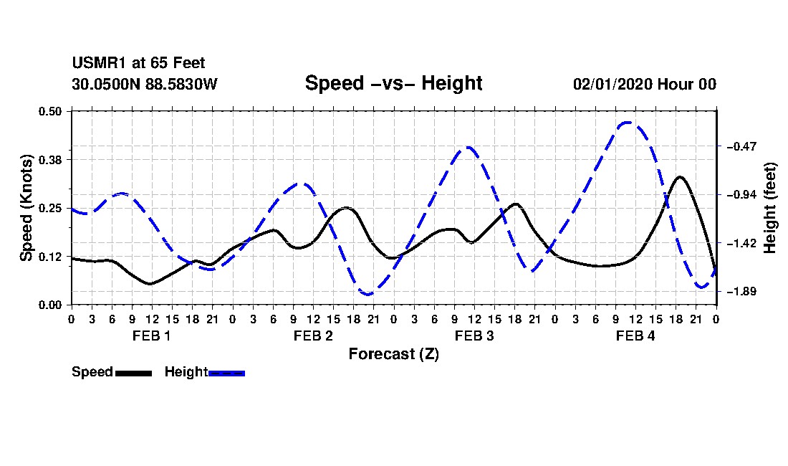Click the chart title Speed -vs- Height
393,83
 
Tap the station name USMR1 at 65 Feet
139,63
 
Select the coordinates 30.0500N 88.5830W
145,84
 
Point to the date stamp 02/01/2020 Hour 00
645,84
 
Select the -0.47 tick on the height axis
741,147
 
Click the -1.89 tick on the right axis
741,292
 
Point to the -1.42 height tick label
741,243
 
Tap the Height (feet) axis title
770,208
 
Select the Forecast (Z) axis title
394,354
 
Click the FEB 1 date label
152,336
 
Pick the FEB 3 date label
474,336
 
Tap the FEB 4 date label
635,336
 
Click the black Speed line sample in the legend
134,373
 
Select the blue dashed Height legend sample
226,373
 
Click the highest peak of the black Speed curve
680,177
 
